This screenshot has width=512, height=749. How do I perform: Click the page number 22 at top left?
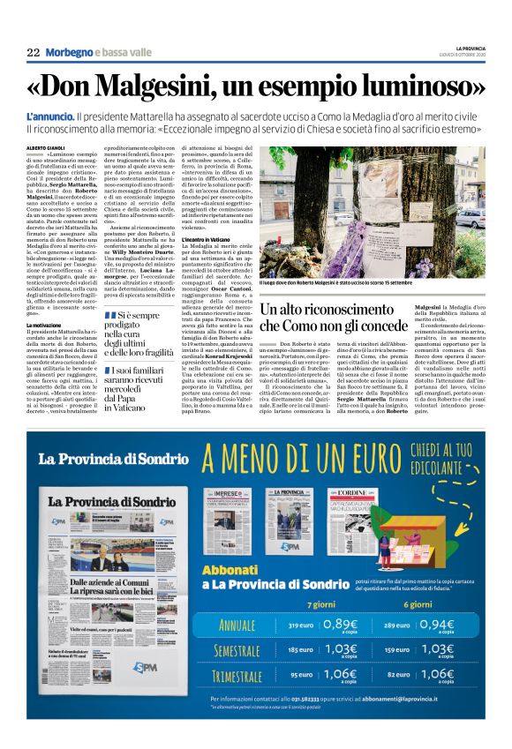(x=33, y=53)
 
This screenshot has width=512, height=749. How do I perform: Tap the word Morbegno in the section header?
(x=69, y=53)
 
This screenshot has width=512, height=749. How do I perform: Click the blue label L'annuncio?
(x=51, y=116)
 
